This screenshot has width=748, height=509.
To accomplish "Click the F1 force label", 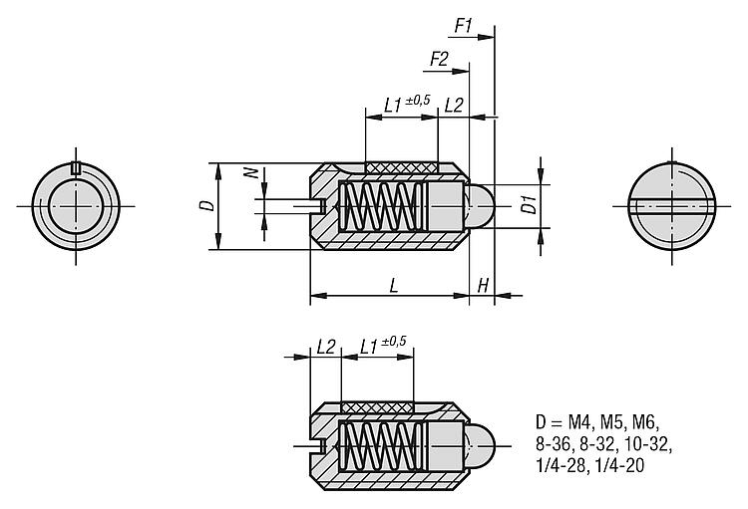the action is click(463, 26).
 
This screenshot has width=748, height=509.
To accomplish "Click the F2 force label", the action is click(439, 59).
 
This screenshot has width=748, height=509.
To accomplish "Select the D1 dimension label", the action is click(529, 205).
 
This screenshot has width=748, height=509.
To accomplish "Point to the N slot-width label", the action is click(253, 173).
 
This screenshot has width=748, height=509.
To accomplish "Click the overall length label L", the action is click(394, 286).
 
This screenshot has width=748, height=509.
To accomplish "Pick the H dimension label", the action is click(483, 286).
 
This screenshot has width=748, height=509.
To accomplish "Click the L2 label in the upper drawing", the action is click(454, 106).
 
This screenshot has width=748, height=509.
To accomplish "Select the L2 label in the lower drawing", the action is click(326, 347).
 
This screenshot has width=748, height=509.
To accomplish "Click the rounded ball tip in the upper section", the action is click(480, 206).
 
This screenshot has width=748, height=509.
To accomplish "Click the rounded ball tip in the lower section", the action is click(480, 446).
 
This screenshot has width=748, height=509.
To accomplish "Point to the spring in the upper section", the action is click(383, 206).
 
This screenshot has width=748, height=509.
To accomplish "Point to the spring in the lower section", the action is click(383, 446).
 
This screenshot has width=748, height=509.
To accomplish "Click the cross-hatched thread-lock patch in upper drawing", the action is click(401, 167).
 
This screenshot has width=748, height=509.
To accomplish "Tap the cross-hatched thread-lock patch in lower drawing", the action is click(377, 407).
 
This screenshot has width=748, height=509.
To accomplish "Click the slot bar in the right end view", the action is click(672, 206).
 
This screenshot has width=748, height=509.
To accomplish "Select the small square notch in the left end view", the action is click(75, 167).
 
